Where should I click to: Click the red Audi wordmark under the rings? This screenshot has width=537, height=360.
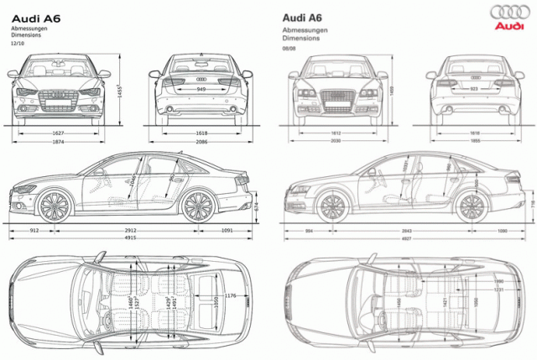click(509, 26)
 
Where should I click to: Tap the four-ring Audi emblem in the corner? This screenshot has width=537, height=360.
click(509, 12)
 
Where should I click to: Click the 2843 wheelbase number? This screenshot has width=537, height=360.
click(406, 231)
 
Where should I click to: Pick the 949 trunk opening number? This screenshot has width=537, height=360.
click(201, 88)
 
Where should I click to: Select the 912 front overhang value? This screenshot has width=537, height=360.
click(34, 229)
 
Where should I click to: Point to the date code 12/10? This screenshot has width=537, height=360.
click(18, 42)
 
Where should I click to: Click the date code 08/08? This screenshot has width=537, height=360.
click(289, 49)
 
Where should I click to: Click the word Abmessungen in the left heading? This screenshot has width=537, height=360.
click(29, 28)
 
